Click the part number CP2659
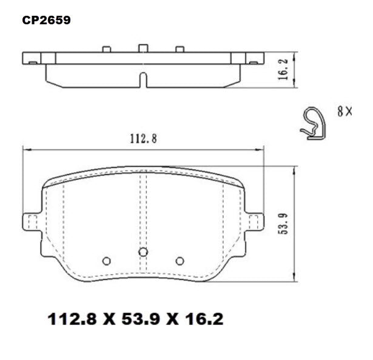46,20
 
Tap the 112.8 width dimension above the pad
143,138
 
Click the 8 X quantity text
344,111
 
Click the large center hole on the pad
143,252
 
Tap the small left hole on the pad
107,261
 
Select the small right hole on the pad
180,261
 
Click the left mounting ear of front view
30,222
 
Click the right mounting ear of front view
256,222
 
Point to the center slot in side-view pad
143,81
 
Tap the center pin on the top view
143,48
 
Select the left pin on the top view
107,49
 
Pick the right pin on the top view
180,49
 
